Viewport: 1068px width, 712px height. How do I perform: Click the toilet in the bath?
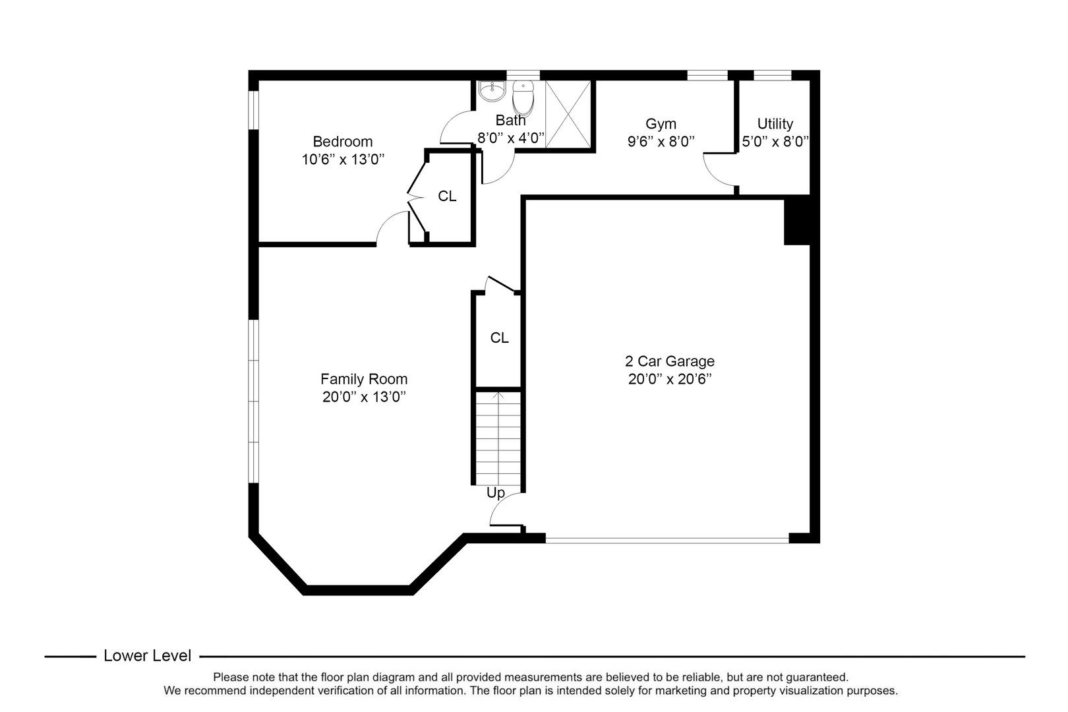(523, 98)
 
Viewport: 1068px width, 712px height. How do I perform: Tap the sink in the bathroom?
(491, 91)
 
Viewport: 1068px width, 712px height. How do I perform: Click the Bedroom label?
(342, 141)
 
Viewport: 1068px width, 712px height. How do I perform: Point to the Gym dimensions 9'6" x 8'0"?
(661, 141)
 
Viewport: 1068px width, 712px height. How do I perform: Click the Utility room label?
(775, 123)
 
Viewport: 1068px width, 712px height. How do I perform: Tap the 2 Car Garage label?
(669, 361)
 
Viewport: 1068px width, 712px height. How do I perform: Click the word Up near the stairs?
(495, 493)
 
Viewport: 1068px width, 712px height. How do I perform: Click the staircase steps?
(498, 438)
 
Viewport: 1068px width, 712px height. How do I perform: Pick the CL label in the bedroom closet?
(447, 196)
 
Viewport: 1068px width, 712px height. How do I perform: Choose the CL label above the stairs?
(499, 338)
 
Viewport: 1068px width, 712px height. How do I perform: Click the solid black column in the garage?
(796, 220)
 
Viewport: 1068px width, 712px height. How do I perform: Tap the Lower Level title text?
(148, 656)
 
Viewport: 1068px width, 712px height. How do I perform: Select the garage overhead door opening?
(667, 539)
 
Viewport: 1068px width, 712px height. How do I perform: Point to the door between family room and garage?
(505, 511)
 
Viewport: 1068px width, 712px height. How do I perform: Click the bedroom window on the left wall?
(253, 109)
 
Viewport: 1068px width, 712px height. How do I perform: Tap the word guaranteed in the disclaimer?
(816, 677)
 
